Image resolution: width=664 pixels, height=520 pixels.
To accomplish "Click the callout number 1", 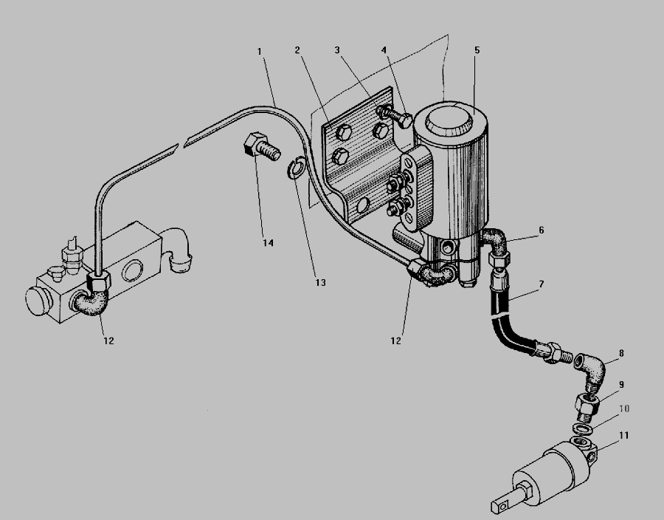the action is [260, 51].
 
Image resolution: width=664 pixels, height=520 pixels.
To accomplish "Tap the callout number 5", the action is [477, 50].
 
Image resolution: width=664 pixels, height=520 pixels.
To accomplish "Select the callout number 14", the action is [268, 243].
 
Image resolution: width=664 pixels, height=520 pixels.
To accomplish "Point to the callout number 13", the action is [321, 282].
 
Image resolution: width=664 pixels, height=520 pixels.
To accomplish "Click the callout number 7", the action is [542, 284].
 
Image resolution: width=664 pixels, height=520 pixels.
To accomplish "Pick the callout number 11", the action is [623, 435].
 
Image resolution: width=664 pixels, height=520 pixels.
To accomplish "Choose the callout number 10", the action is [624, 408].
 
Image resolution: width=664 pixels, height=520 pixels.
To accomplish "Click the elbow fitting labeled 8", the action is [590, 369].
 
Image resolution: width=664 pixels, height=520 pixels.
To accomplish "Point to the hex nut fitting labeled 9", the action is [587, 404].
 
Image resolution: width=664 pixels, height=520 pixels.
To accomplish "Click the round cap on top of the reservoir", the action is [449, 121].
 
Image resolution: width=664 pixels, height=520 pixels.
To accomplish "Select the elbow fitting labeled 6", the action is [494, 246].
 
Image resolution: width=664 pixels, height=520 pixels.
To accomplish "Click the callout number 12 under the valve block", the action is [108, 341].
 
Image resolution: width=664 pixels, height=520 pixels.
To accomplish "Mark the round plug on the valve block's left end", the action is [38, 301].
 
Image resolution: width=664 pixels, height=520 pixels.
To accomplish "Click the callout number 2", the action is [297, 50].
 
